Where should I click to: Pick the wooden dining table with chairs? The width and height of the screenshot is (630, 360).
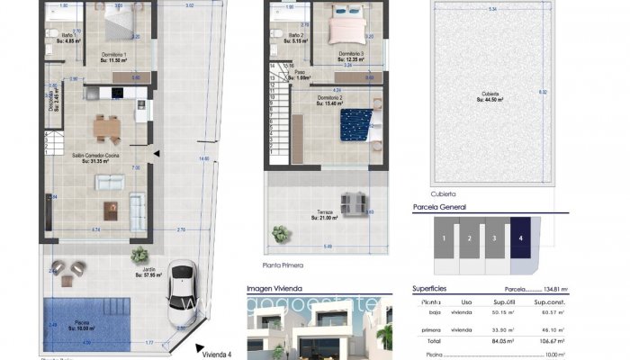click(x=105, y=130)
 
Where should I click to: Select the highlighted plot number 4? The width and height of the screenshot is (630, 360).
click(x=522, y=238)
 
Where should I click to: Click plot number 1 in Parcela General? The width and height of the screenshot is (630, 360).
click(x=444, y=238)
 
